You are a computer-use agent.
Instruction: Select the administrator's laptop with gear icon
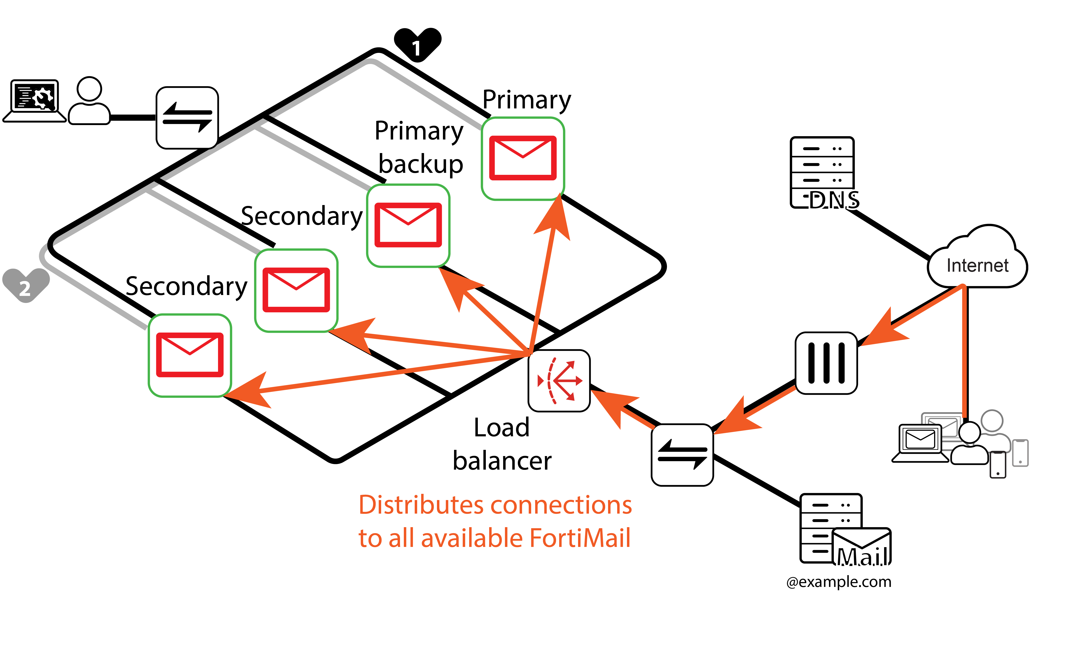click(35, 100)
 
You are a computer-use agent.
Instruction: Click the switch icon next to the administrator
click(187, 118)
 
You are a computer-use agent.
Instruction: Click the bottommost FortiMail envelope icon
click(190, 355)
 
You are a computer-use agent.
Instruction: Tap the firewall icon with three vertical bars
click(826, 363)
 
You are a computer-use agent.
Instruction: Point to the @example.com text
click(839, 582)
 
